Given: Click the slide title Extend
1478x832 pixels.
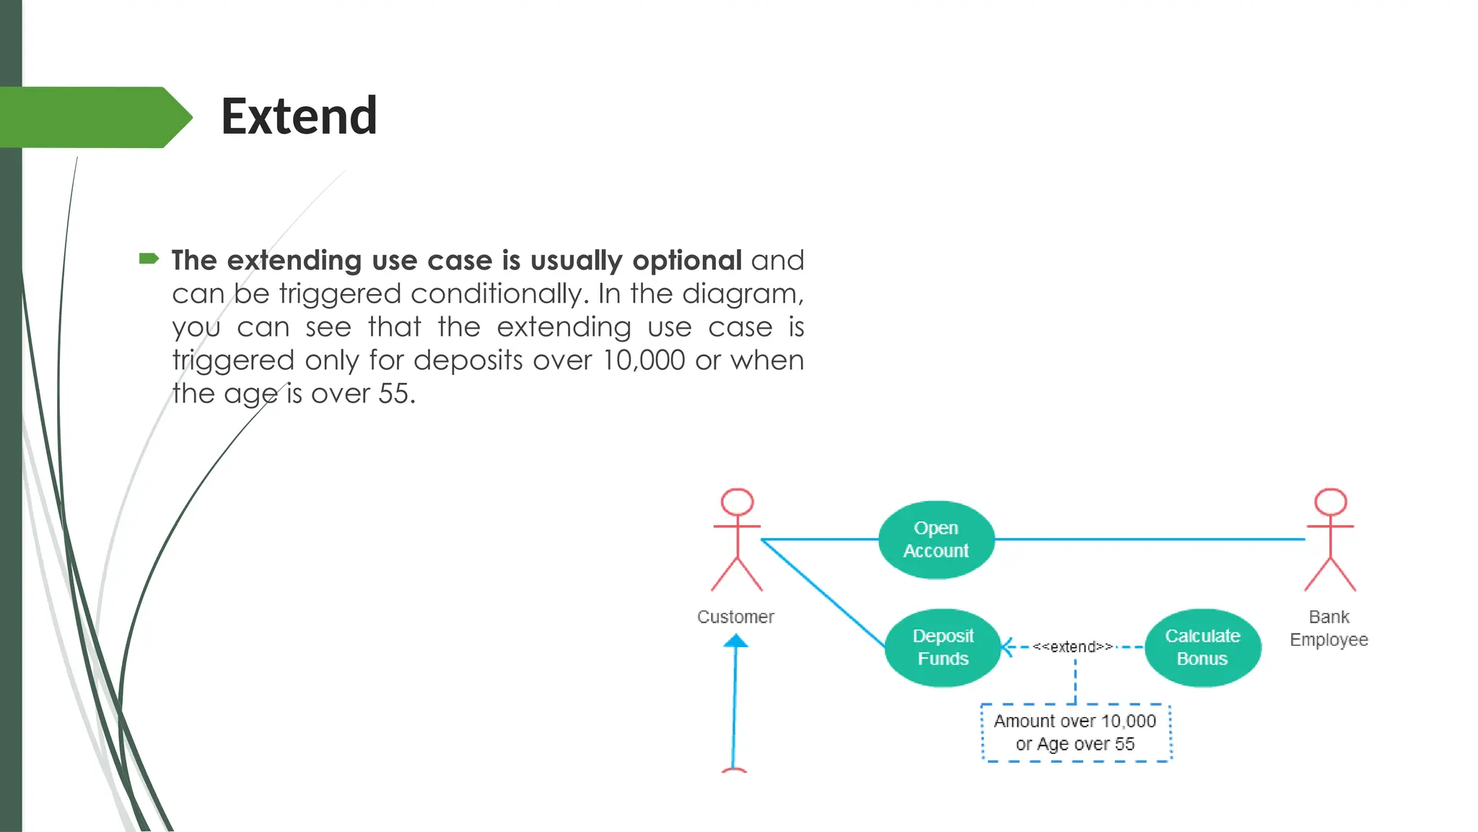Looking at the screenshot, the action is (299, 116).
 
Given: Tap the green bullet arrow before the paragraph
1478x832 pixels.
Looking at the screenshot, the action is (149, 259).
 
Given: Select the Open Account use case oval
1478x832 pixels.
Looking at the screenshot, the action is (936, 539).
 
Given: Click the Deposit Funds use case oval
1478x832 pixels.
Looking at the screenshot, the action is (943, 647).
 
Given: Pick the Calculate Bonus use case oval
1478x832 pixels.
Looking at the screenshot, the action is (1202, 647).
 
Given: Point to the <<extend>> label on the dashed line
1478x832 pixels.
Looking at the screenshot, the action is (1072, 647).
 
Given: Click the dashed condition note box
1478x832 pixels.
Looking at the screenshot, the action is (1075, 732).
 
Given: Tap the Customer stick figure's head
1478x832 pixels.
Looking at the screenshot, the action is (737, 502).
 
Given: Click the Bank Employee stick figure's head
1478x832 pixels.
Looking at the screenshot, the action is (1330, 502).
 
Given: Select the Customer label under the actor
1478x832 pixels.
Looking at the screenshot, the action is (735, 617).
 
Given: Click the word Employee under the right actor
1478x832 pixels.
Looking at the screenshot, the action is (1329, 640).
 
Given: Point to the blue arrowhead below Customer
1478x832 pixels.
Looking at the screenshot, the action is (735, 641).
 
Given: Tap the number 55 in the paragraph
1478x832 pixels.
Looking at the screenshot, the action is (394, 394).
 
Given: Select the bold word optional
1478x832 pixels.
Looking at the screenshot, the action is (686, 260).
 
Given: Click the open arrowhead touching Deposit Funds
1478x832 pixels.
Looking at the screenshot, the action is (1007, 647).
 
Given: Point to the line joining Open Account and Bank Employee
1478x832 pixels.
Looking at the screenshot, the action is (1147, 539).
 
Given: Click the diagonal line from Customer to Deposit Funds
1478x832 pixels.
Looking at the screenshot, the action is (823, 592).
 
